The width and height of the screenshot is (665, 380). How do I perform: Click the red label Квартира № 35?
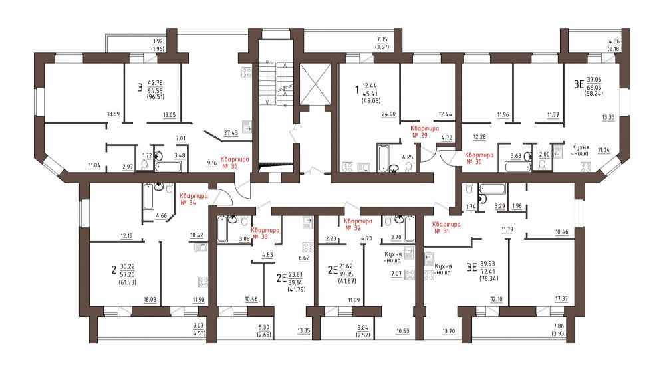235,163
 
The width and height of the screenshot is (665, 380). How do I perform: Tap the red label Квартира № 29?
424,132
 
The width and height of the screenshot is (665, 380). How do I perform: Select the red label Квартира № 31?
446,227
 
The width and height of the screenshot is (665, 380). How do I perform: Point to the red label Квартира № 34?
194,199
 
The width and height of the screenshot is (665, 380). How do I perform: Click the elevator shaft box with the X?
315,84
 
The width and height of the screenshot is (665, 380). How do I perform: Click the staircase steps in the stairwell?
275,82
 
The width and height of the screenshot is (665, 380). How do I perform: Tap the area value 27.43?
231,133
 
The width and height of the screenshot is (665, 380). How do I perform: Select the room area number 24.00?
388,114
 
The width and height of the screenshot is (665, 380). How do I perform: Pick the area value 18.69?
114,114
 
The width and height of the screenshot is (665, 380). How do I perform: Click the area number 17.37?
561,299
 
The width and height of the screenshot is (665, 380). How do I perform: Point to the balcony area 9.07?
198,326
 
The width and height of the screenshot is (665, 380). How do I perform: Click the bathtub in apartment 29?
383,158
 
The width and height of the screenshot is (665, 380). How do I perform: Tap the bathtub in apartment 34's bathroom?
148,197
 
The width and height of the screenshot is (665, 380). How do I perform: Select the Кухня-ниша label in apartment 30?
580,150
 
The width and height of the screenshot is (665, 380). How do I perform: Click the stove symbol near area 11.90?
203,282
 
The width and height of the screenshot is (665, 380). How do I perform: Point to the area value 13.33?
608,118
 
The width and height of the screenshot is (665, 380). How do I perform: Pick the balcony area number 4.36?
614,41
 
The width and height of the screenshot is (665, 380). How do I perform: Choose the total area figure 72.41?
489,272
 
